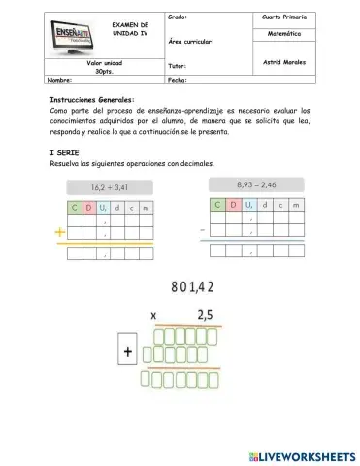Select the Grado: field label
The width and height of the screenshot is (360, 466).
click(178, 17)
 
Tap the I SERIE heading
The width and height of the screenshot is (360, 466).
click(65, 153)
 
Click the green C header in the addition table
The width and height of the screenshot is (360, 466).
click(75, 206)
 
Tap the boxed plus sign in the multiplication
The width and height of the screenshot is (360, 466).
click(127, 353)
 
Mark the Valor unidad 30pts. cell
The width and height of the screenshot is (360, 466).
click(104, 67)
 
